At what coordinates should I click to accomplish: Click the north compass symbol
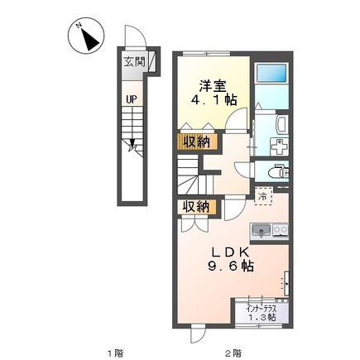(x=86, y=36)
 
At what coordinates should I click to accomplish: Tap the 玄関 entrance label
(x=134, y=62)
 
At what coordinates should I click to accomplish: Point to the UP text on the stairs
(x=132, y=99)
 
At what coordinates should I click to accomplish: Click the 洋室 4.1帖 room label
(x=214, y=94)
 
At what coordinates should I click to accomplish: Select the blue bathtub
(x=271, y=73)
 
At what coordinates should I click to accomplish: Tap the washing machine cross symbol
(x=280, y=146)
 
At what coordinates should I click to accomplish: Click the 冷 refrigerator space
(x=263, y=196)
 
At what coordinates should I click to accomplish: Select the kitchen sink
(x=262, y=231)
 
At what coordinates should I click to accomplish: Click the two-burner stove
(x=281, y=230)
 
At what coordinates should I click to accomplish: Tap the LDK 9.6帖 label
(x=231, y=259)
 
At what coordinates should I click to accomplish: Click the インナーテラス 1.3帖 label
(x=262, y=313)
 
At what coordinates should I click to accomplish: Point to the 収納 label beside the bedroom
(x=197, y=142)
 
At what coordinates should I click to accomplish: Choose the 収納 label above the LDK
(x=196, y=207)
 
